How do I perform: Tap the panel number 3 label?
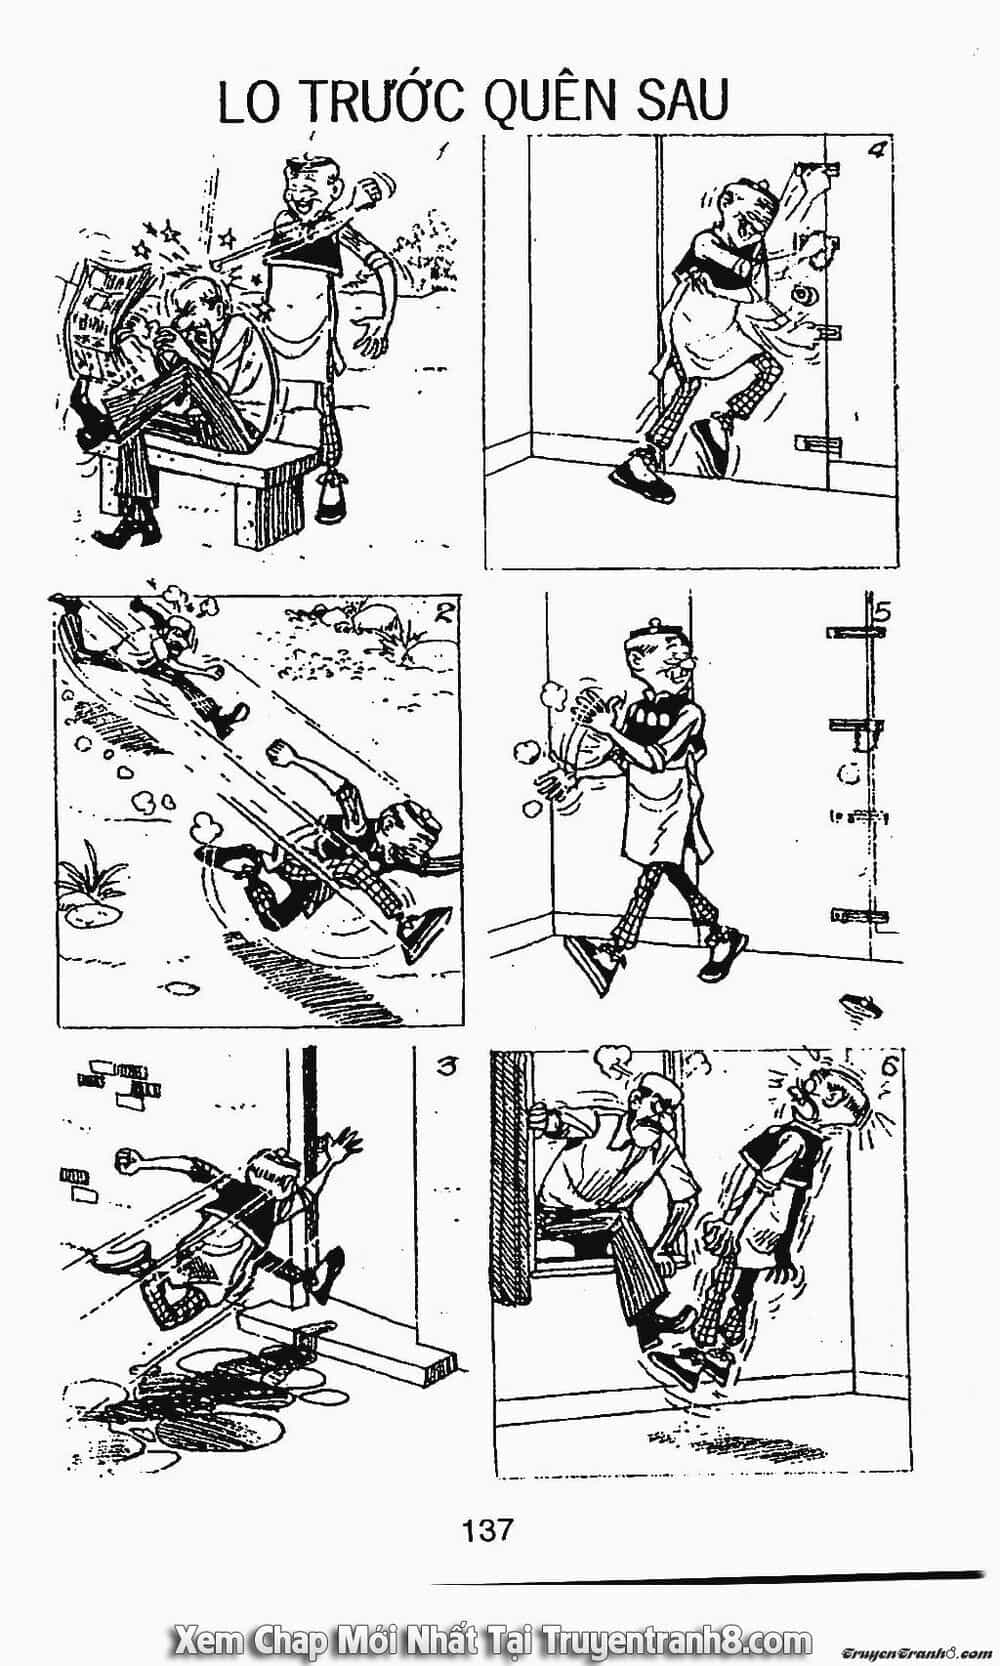(x=445, y=1068)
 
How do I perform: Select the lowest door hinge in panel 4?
(x=818, y=445)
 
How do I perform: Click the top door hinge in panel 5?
(x=855, y=633)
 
